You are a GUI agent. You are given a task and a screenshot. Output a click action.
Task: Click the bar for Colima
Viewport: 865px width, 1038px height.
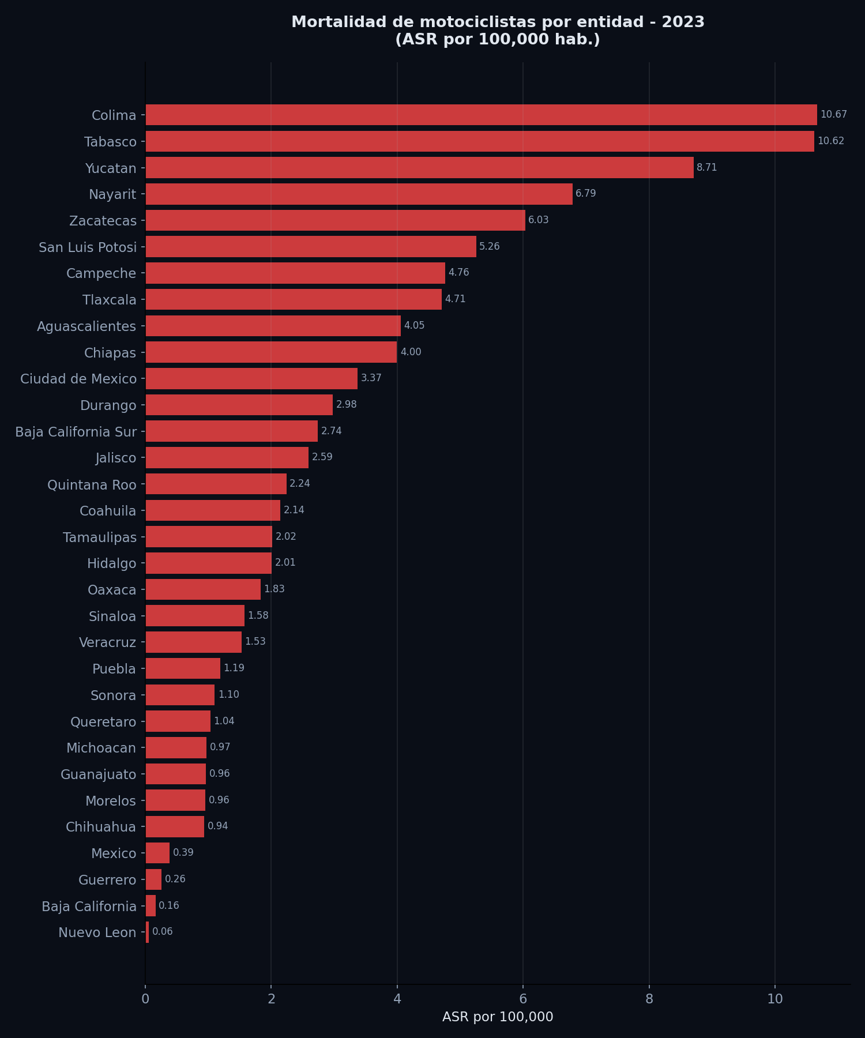[481, 115]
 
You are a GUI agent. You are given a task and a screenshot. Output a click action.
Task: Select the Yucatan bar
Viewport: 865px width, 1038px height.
[419, 168]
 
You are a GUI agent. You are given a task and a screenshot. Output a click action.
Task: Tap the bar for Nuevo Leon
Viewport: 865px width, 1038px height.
[147, 932]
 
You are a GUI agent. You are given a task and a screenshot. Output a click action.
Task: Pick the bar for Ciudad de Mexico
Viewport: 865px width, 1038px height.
[251, 378]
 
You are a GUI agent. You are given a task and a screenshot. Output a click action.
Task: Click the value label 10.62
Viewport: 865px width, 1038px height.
[830, 141]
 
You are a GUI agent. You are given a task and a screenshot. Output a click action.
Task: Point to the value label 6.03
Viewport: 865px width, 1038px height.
[538, 220]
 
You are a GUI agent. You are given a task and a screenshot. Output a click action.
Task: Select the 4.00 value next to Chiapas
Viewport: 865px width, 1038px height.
[411, 352]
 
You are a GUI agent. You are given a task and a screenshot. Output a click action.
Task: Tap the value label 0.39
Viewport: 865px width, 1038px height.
[183, 852]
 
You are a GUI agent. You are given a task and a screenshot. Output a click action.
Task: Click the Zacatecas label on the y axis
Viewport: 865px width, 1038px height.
[103, 221]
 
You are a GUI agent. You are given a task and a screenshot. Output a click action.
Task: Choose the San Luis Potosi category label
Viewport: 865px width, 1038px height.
[88, 247]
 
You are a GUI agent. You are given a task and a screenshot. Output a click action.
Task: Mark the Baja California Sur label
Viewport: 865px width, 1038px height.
[76, 432]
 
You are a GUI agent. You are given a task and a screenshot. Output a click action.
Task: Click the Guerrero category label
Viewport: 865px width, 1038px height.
[107, 880]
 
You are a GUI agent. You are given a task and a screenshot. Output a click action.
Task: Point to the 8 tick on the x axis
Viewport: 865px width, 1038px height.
[649, 999]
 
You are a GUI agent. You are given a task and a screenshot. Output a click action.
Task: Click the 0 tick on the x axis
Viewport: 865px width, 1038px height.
[145, 999]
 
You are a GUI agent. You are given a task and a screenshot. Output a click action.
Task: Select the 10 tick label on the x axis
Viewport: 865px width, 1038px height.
[774, 999]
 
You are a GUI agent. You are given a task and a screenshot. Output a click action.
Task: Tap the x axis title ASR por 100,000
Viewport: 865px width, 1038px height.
[498, 1017]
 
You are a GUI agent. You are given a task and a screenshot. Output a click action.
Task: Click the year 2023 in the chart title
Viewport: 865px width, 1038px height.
[683, 22]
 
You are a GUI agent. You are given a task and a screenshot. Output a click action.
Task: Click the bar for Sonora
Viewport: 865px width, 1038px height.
[180, 695]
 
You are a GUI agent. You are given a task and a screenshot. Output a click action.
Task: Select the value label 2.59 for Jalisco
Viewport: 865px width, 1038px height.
[322, 457]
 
